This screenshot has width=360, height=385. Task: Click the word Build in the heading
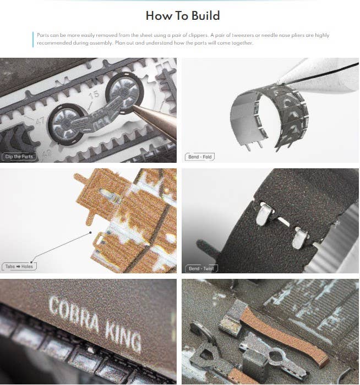tap(205, 16)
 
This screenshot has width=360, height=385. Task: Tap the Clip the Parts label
tap(19, 156)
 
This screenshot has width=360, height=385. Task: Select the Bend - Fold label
tap(200, 157)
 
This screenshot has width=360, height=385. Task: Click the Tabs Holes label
tap(19, 266)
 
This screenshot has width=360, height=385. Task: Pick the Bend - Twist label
tap(201, 268)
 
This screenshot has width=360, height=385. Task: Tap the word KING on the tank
tap(123, 334)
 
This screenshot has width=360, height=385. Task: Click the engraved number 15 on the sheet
tap(94, 94)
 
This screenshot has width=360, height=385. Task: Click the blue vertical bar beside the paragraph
tap(33, 39)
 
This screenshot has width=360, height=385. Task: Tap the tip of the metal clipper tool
tap(133, 107)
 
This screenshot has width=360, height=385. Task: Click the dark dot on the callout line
tap(90, 233)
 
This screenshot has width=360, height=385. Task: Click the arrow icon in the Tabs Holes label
tap(18, 266)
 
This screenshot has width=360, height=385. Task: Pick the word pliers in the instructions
tap(298, 35)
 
